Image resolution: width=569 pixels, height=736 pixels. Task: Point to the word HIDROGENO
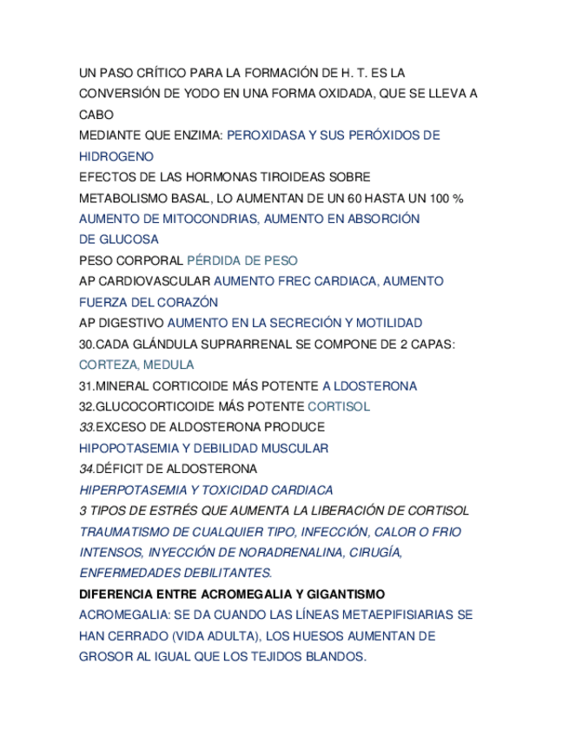(x=116, y=156)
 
